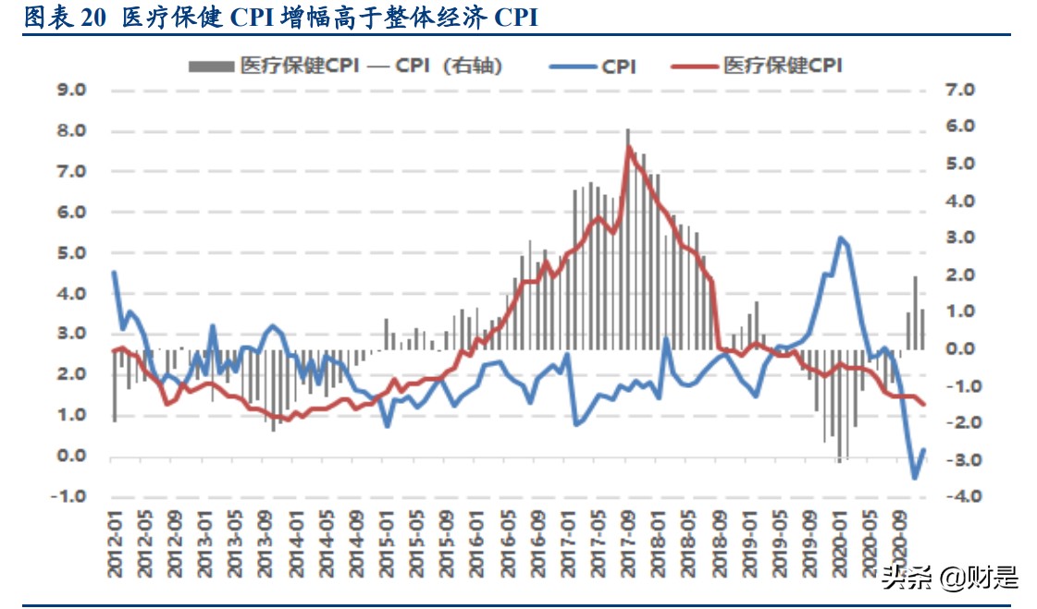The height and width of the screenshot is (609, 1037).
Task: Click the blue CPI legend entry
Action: tap(593, 66)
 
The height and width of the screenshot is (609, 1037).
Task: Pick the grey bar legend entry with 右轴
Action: tap(346, 66)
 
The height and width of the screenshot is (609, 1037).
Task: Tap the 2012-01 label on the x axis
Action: tap(115, 545)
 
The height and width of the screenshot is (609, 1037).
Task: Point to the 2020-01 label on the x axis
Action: tap(840, 545)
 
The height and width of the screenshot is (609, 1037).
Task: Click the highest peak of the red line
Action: tap(630, 147)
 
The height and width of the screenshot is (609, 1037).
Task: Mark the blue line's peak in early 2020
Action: tap(841, 238)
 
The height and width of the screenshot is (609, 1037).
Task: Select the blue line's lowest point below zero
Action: tap(915, 477)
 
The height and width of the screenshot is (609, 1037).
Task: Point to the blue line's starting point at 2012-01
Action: tap(114, 273)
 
